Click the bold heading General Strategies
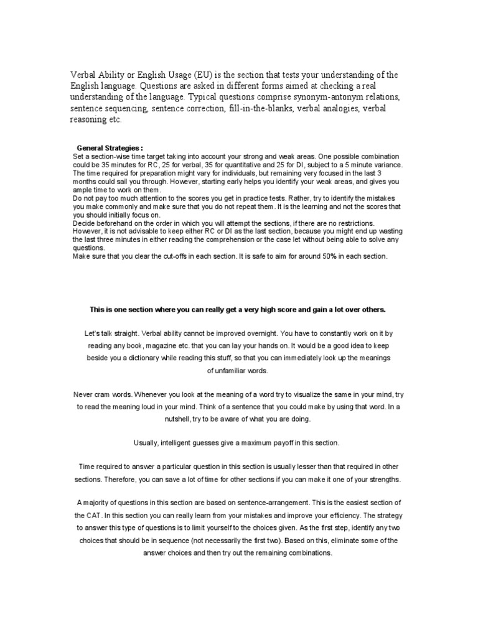click(x=110, y=148)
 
